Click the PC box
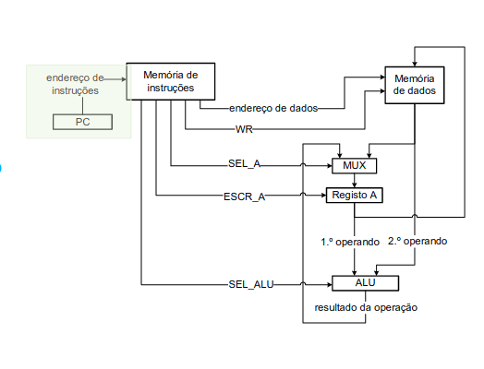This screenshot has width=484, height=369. click(82, 122)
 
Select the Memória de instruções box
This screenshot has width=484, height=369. click(171, 81)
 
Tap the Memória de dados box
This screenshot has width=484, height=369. click(414, 85)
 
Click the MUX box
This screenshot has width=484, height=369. click(354, 166)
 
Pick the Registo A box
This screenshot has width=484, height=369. click(355, 196)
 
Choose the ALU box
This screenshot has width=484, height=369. click(365, 283)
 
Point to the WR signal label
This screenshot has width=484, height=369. click(244, 129)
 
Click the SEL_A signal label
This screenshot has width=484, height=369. click(244, 163)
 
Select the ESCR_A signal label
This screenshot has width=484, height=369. click(244, 196)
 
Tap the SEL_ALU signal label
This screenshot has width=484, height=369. click(251, 284)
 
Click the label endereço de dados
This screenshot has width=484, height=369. click(273, 108)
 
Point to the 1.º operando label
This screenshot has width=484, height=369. click(350, 242)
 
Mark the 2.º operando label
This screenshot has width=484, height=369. click(417, 241)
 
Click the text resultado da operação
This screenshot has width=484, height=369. click(366, 307)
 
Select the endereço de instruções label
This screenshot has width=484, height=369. click(75, 84)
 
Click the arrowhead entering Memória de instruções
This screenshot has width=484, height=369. click(124, 79)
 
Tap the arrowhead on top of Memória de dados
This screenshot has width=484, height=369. click(415, 64)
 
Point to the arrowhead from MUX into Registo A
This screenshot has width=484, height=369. click(355, 185)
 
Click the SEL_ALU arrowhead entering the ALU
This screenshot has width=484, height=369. click(330, 284)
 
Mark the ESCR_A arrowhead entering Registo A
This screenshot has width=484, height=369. click(324, 196)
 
